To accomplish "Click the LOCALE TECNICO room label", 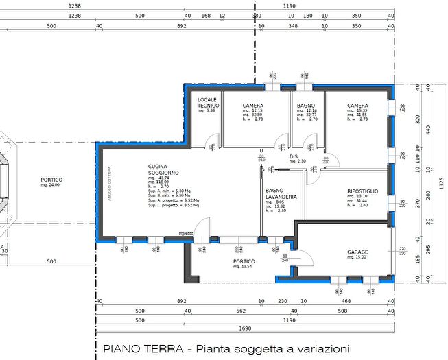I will click(x=207, y=102).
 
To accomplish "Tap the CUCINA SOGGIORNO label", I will click(x=163, y=169).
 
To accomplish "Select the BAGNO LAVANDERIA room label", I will click(x=281, y=193).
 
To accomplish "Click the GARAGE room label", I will click(x=357, y=252).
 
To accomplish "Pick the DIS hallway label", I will click(x=293, y=156).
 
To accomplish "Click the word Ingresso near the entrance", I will click(x=186, y=234).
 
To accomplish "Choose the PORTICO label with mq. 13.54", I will click(x=244, y=261).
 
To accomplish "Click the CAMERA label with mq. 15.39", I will click(x=357, y=106).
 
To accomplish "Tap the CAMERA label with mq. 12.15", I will click(x=252, y=106).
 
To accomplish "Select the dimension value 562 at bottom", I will click(x=222, y=311).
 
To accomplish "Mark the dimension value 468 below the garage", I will click(x=346, y=301).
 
